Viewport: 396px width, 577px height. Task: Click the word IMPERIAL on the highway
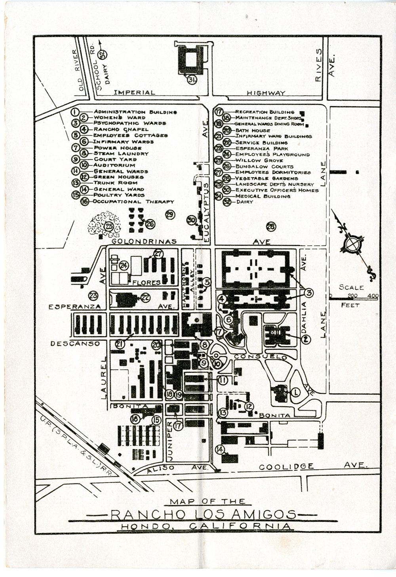pos(134,92)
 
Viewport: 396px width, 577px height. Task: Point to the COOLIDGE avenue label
pos(286,467)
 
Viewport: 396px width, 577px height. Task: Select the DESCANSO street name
pos(75,344)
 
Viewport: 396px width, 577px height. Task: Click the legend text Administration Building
pos(135,112)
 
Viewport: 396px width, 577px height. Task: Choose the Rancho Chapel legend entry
pos(121,129)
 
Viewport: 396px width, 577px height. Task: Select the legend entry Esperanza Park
pos(262,148)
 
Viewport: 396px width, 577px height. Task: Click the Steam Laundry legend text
pos(121,153)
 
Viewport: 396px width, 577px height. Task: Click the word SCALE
pos(351,287)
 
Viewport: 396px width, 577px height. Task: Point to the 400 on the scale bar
pos(373,296)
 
